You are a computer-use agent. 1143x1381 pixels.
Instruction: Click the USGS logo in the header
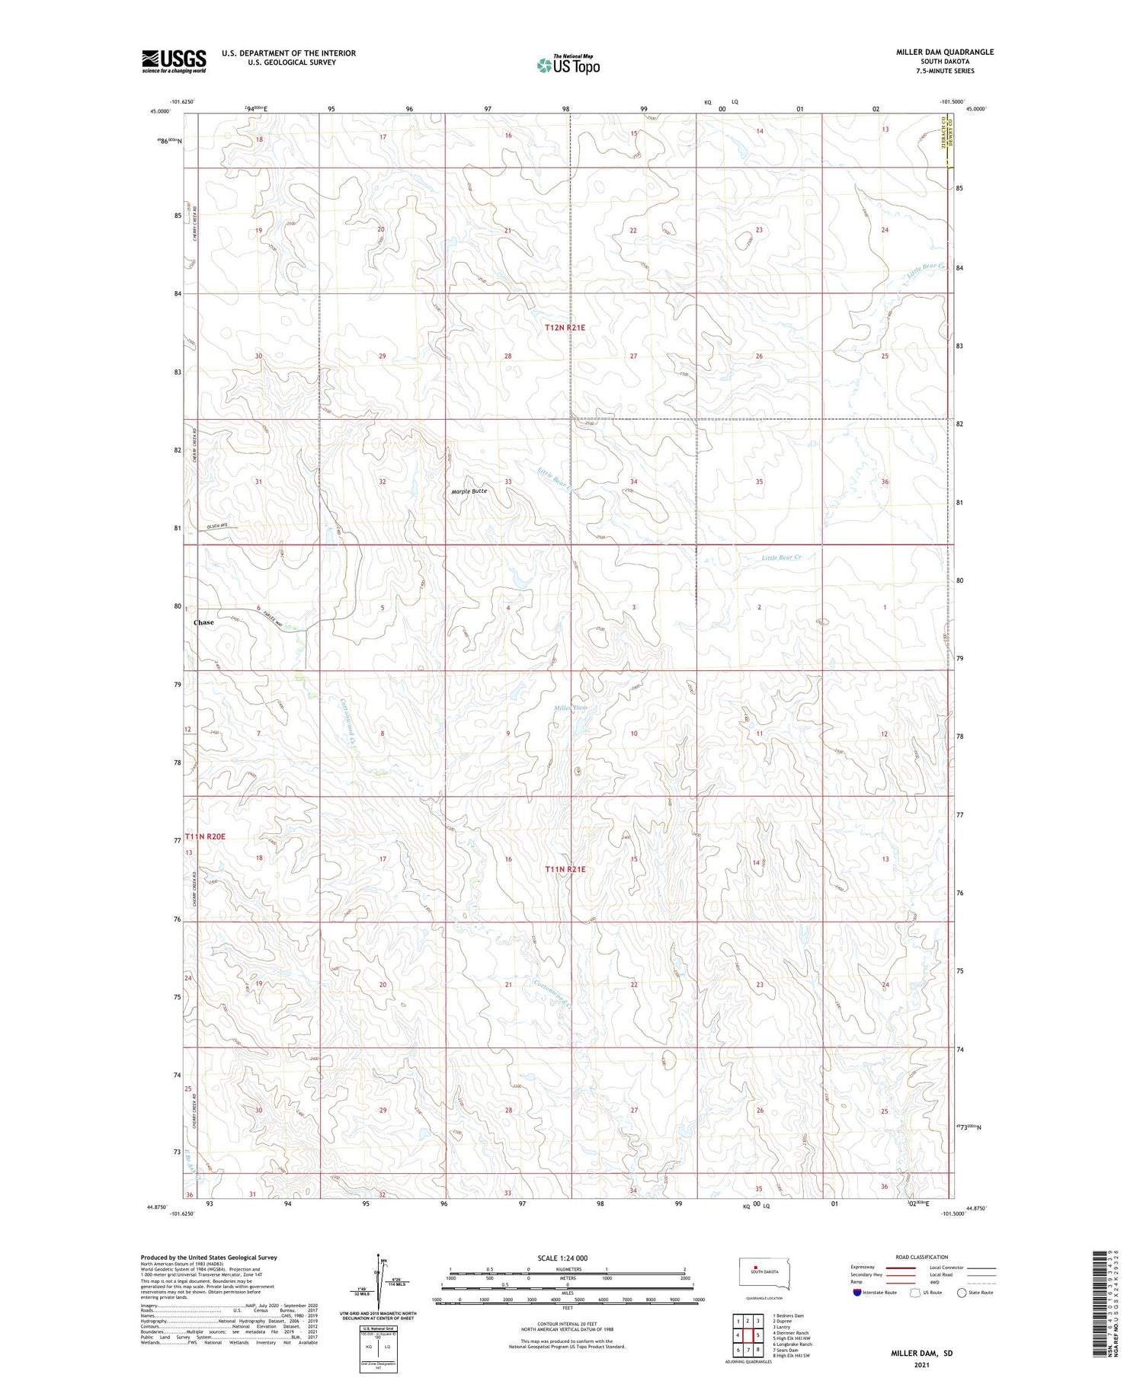coord(174,61)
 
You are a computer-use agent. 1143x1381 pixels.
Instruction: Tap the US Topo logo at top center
coord(568,65)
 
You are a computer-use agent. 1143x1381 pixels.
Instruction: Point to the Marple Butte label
coord(469,491)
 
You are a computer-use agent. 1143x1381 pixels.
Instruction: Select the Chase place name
coord(203,622)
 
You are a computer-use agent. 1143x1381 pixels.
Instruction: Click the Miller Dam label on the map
coord(570,708)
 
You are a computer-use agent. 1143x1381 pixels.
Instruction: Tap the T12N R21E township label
coord(565,328)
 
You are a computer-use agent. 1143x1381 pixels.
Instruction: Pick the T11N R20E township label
coord(206,836)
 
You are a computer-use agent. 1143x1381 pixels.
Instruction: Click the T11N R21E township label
coord(565,869)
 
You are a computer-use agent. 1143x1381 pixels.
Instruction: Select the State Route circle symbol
coord(962,1293)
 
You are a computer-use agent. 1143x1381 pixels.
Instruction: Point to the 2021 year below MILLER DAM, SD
coord(922,1364)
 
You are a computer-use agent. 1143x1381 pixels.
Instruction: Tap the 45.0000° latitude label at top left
coord(160,110)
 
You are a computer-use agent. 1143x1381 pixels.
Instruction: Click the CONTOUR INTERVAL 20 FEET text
coord(567,1325)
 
